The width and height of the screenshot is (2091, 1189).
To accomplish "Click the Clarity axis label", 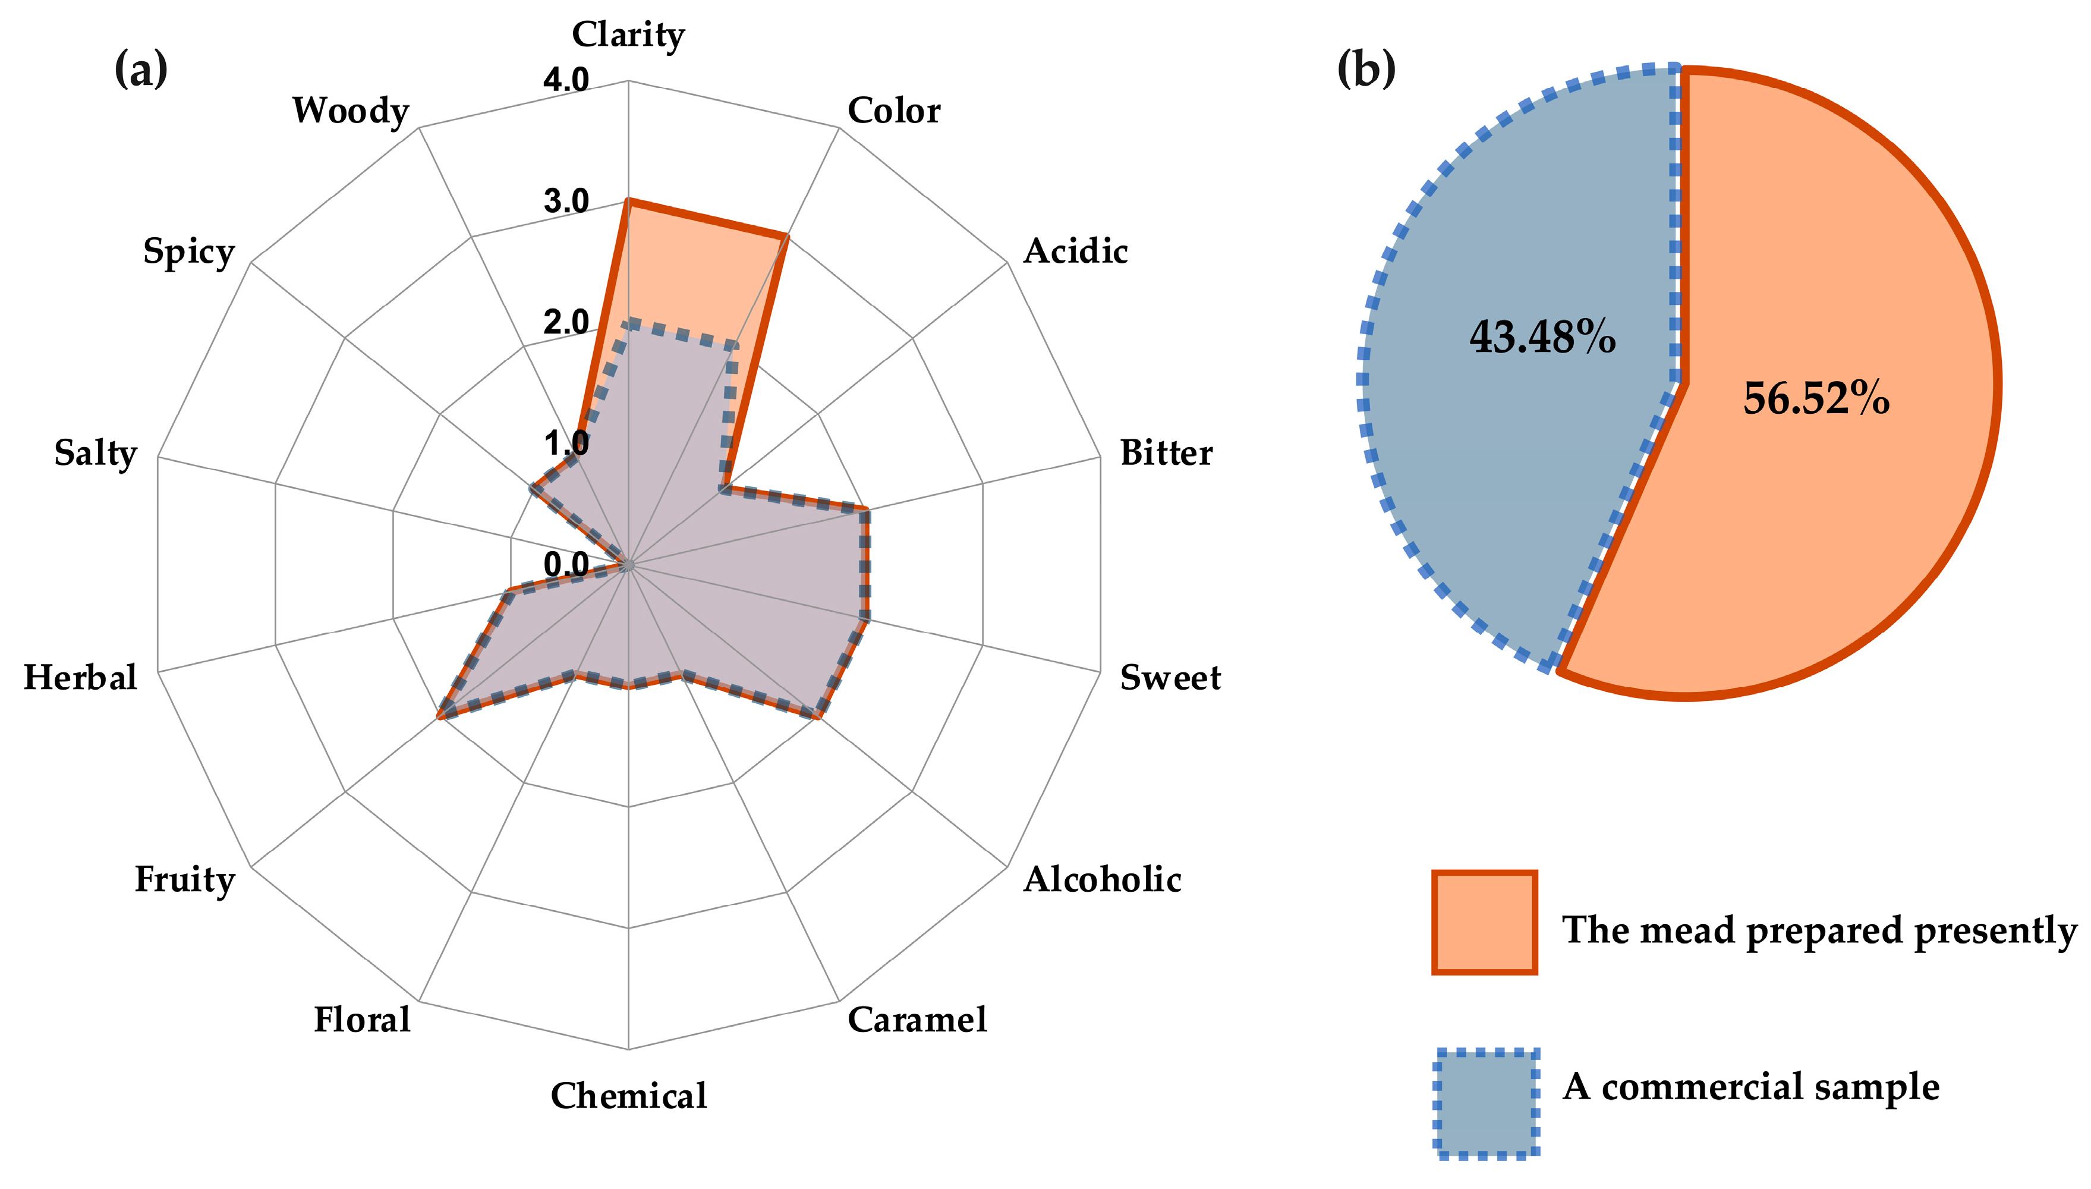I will click(x=627, y=35).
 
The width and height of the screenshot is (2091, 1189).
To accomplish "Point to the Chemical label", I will click(x=628, y=1095).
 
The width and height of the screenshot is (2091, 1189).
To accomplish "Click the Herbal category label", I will click(x=80, y=677).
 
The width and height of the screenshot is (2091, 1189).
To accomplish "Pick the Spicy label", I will click(x=188, y=251).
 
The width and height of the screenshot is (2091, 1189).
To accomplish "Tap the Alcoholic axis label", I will click(x=1101, y=879).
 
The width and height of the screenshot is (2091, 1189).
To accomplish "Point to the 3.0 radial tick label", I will click(x=566, y=201).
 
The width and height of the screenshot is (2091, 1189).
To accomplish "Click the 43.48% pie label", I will click(x=1542, y=336).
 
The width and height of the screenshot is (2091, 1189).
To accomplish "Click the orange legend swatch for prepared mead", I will click(x=1484, y=922).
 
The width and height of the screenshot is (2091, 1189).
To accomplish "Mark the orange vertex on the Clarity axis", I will click(x=627, y=201).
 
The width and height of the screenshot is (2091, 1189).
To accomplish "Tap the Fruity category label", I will click(x=184, y=879).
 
